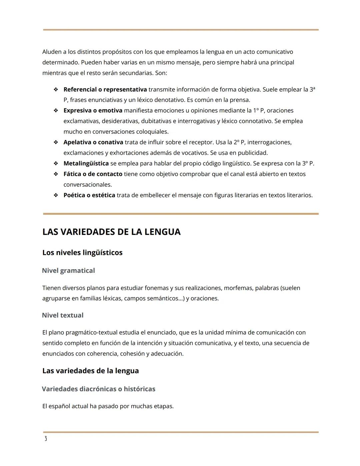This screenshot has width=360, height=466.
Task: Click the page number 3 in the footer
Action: click(x=46, y=439)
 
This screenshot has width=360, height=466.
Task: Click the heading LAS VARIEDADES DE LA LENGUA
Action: click(x=111, y=232)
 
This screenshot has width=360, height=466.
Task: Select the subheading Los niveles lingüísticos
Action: click(x=82, y=253)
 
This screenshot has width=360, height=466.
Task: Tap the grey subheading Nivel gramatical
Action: click(x=68, y=271)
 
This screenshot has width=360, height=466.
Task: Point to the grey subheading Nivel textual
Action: click(x=63, y=315)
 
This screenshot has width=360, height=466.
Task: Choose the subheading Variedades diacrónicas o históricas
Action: click(x=99, y=389)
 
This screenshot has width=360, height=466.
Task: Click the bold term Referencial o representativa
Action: click(x=105, y=89)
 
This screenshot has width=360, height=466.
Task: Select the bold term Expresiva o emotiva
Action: click(x=93, y=110)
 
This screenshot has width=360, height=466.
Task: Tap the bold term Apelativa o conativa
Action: click(x=93, y=142)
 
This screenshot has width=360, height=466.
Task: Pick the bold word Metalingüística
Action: click(x=86, y=163)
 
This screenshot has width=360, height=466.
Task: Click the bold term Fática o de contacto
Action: click(x=93, y=174)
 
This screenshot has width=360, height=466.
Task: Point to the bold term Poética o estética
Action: click(x=89, y=195)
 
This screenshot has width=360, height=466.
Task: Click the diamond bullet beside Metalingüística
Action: click(x=56, y=163)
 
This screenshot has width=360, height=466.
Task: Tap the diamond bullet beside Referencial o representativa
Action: click(x=56, y=89)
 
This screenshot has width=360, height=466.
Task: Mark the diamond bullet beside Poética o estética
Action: click(x=56, y=195)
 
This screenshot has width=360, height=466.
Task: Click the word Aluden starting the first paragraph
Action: click(x=52, y=52)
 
